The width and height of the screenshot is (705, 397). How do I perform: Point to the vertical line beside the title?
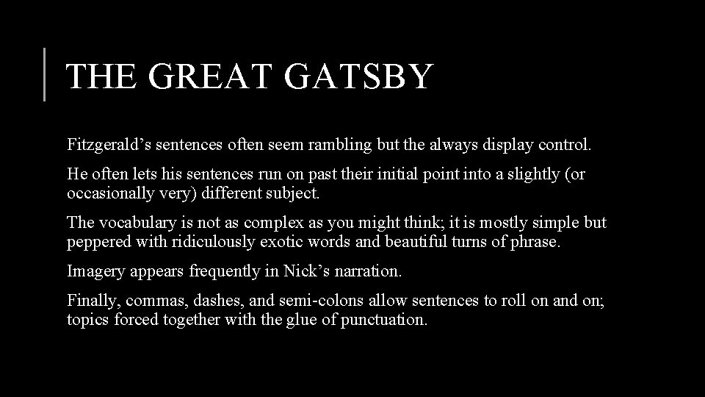[45, 74]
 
